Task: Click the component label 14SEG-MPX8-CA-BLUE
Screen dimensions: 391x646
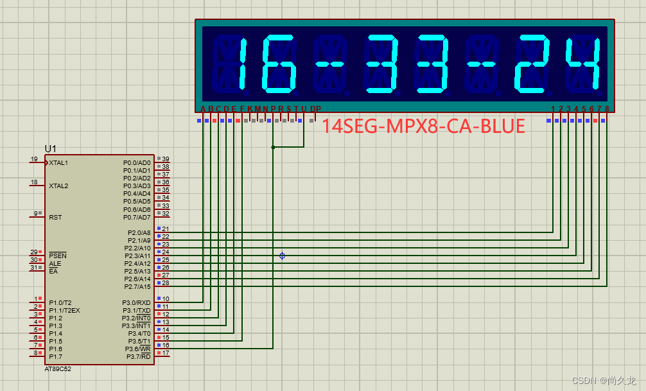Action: point(423,126)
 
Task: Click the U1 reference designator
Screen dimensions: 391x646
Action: point(51,149)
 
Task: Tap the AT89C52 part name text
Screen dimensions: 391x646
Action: point(58,370)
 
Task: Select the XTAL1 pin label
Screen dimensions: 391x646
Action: point(58,163)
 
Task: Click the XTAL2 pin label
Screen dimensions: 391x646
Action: point(58,186)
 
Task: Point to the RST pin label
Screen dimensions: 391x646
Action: point(55,217)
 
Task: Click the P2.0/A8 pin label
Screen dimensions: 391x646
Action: point(137,232)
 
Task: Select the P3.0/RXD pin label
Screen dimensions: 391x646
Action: point(136,302)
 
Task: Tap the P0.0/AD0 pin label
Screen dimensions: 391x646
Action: point(137,163)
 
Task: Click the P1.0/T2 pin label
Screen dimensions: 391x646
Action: point(60,302)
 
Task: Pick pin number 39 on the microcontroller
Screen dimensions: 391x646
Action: point(166,159)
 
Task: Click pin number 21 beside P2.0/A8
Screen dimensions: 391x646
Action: point(166,229)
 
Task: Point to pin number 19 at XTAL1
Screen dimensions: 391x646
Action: point(34,159)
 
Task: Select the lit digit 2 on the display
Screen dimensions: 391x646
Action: point(532,63)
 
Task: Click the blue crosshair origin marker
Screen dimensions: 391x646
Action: point(282,256)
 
